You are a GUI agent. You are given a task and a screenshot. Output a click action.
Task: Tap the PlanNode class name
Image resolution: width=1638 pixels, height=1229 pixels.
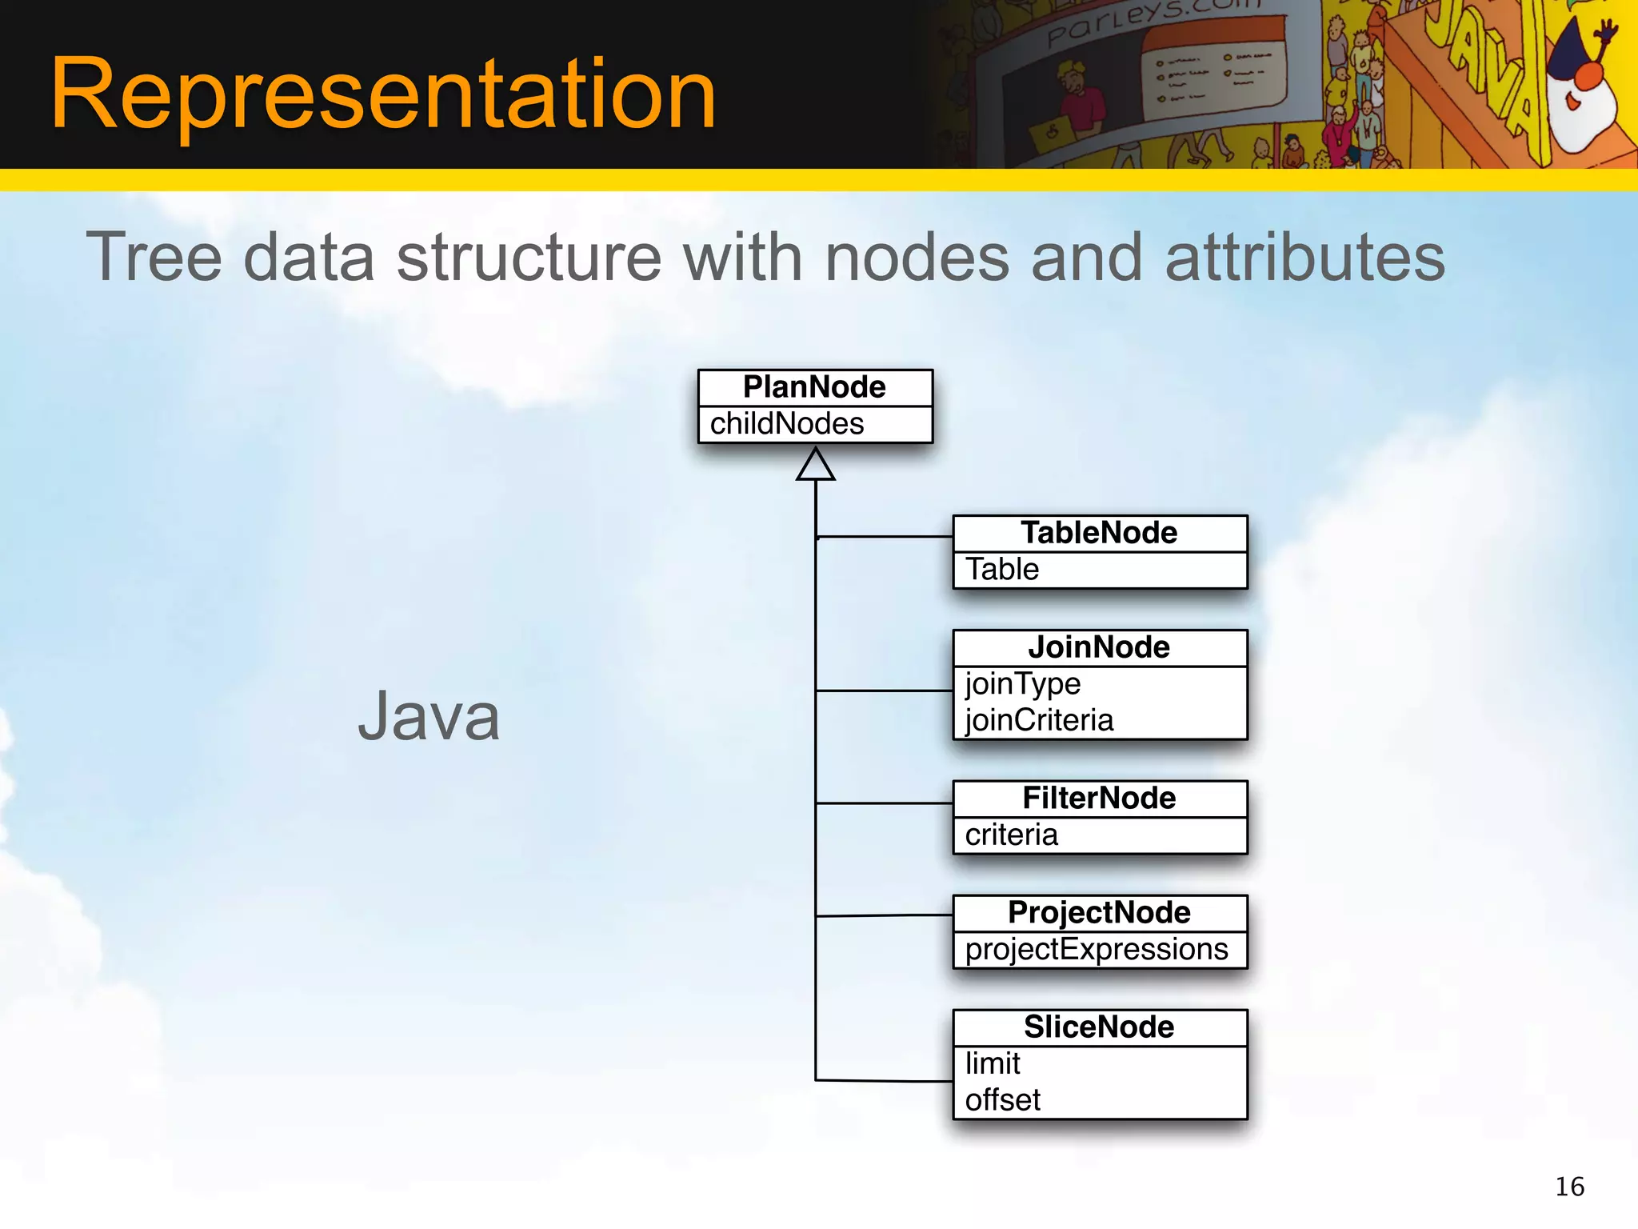[x=814, y=387]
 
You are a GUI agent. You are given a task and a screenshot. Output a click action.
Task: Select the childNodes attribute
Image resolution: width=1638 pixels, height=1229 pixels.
[x=787, y=424]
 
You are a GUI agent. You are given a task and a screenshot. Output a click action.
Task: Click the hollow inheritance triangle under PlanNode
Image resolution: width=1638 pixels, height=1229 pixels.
[x=815, y=466]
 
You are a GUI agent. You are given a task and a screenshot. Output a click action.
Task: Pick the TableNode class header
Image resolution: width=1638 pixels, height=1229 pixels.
[x=1099, y=533]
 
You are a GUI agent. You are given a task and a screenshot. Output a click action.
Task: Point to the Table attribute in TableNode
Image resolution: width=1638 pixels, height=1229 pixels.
[x=1002, y=570]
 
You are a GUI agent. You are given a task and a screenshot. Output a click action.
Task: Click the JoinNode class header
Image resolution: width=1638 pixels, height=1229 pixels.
[x=1099, y=647]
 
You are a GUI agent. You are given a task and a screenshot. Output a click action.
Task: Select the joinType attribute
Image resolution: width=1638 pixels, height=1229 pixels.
[x=1023, y=684]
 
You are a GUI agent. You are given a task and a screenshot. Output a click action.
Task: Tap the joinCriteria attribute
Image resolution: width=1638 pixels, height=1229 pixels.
[x=1039, y=720]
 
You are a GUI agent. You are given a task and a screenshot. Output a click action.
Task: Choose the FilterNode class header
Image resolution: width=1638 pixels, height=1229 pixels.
[x=1099, y=799]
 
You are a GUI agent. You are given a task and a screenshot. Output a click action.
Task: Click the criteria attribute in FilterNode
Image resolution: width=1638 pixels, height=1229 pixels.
[x=1011, y=835]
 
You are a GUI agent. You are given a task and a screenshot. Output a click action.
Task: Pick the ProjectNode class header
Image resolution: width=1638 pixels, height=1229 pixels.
[x=1099, y=913]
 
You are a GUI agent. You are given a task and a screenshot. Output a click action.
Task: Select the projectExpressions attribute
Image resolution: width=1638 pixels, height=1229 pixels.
[x=1096, y=950]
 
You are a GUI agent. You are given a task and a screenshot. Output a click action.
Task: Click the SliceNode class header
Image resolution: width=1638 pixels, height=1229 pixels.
[x=1099, y=1027]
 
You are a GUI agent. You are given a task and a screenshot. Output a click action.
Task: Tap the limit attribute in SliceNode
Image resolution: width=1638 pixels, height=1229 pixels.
[x=993, y=1064]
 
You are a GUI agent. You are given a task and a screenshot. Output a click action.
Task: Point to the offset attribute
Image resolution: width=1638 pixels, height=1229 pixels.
[x=1003, y=1100]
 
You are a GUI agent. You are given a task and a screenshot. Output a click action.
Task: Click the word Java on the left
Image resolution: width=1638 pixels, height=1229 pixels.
[x=429, y=716]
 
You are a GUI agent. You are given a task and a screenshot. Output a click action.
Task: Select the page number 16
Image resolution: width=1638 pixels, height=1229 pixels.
[x=1569, y=1187]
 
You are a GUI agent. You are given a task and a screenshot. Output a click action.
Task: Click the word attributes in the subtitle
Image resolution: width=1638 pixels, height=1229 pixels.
[x=1305, y=258]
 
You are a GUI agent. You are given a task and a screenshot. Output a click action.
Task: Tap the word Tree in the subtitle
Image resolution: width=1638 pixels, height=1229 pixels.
[x=154, y=258]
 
